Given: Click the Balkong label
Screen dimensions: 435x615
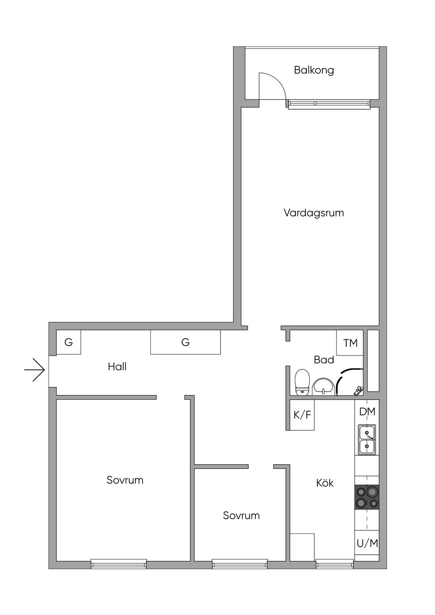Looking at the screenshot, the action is [x=314, y=70].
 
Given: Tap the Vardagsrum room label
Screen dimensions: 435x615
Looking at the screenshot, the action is [x=314, y=213].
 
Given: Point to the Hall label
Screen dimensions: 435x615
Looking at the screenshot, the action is [x=117, y=367].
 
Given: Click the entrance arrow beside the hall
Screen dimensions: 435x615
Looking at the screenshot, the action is [x=34, y=370].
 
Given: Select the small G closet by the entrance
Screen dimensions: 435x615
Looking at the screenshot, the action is [x=68, y=342].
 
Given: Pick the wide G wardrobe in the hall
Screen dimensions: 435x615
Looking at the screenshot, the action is [x=185, y=342].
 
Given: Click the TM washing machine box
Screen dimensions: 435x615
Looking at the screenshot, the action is [x=350, y=343].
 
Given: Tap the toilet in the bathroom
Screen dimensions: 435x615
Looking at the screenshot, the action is [x=302, y=382].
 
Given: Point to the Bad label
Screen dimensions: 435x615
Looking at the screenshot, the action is [x=324, y=360].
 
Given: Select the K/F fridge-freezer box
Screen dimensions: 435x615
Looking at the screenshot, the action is [x=302, y=415].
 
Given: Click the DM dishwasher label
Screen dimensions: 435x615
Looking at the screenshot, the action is [x=367, y=412].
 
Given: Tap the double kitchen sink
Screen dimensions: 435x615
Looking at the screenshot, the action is [x=367, y=440].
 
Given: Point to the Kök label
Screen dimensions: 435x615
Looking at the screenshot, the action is [x=325, y=483].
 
